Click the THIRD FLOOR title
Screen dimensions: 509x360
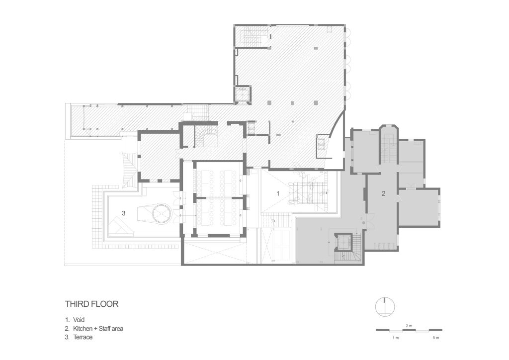tap(91, 304)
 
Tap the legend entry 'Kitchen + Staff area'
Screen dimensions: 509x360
tap(98, 329)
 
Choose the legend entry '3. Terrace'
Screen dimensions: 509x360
tap(79, 337)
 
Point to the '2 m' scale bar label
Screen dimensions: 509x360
tap(409, 325)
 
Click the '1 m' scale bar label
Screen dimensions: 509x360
tap(395, 338)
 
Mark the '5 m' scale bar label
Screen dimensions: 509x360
tap(435, 338)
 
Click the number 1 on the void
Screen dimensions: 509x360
tap(277, 194)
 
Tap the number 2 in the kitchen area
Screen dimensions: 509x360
tap(383, 194)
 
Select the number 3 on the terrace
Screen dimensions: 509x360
tap(123, 213)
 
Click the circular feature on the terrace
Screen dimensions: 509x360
tap(161, 213)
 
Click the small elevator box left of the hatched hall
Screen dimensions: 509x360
tap(243, 94)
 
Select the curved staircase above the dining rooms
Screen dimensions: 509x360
tap(205, 136)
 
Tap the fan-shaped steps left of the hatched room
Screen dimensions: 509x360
tap(129, 170)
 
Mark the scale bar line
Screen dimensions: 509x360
tap(409, 331)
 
